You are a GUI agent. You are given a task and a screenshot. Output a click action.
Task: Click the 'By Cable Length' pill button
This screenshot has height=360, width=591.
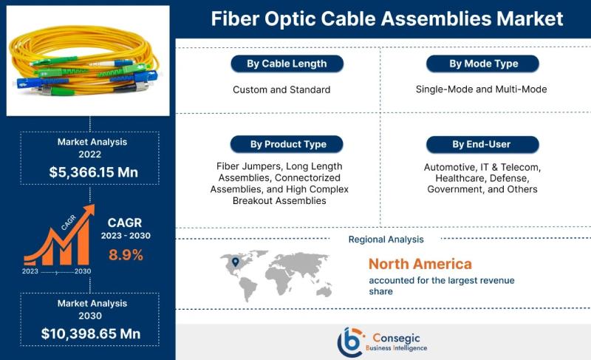tap(287, 64)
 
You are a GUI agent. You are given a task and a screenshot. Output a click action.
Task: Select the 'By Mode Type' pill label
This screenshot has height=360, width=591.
tap(483, 64)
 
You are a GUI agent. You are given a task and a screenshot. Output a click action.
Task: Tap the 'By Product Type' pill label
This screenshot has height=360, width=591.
tap(287, 144)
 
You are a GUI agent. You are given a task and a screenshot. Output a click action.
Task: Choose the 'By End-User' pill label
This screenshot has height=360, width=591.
tap(483, 144)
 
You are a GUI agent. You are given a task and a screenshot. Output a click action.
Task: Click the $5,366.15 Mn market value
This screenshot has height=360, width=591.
tap(94, 172)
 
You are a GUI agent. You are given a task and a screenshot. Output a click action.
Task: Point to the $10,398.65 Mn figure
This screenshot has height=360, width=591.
tap(91, 333)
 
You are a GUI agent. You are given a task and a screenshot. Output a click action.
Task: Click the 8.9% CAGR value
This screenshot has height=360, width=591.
tap(126, 255)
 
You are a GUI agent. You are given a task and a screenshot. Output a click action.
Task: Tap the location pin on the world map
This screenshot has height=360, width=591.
tap(236, 262)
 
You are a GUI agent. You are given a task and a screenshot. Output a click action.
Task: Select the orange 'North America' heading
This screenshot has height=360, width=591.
tap(420, 264)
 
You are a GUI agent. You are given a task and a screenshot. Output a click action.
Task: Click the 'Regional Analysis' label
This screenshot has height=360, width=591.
tap(386, 240)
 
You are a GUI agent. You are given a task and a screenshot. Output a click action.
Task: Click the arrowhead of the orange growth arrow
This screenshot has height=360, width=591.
tap(89, 211)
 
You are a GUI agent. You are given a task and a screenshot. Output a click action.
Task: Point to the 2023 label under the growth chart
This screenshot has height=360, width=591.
tap(30, 271)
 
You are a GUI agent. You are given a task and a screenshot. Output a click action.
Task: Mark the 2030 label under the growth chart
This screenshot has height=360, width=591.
tap(83, 271)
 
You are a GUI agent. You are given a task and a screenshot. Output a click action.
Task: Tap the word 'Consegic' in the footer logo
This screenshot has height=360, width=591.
tap(396, 337)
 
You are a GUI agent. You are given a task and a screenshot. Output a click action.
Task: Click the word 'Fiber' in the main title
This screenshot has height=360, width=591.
tap(235, 18)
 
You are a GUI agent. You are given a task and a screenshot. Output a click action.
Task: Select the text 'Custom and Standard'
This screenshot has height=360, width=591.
tap(281, 89)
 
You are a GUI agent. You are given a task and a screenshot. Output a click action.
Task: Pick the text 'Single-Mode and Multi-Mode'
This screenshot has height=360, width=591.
tap(482, 89)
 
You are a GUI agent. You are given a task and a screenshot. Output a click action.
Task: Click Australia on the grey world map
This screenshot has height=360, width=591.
tap(324, 291)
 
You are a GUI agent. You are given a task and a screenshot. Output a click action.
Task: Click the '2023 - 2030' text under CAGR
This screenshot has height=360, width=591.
tap(126, 236)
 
